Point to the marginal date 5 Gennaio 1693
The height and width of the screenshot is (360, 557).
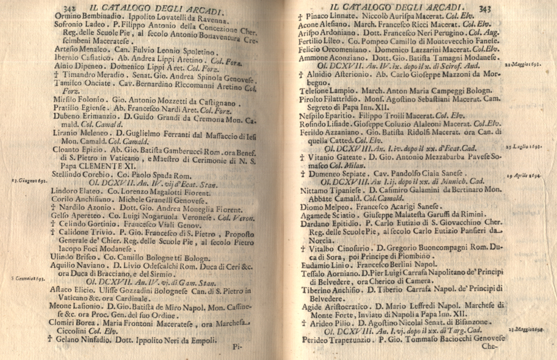click(28, 278)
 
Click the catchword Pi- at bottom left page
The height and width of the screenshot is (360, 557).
click(238, 347)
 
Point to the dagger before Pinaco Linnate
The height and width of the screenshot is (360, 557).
click(301, 16)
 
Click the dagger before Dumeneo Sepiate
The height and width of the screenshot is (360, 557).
click(302, 173)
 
